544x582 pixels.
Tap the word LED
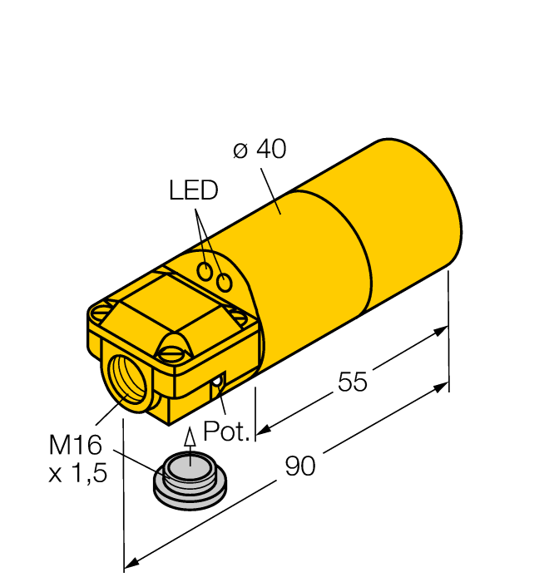(x=193, y=191)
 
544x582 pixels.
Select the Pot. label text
(x=227, y=432)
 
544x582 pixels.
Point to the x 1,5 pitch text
(x=79, y=475)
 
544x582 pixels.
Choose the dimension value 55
(x=353, y=382)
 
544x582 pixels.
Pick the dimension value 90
(x=300, y=466)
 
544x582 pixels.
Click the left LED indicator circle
(x=205, y=270)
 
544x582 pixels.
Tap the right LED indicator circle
(x=224, y=283)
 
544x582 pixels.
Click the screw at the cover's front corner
(x=176, y=354)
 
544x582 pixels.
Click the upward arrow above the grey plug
(x=190, y=439)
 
